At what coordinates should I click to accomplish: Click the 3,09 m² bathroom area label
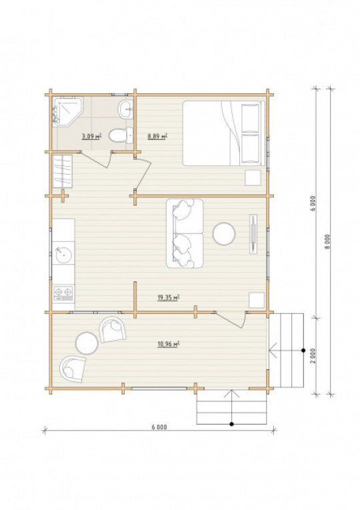[91, 136]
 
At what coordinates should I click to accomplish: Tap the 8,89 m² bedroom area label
[157, 136]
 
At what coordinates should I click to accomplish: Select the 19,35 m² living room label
[169, 297]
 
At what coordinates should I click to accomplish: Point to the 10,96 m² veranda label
[169, 344]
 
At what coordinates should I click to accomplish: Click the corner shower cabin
[67, 110]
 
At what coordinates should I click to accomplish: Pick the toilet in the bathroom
[121, 135]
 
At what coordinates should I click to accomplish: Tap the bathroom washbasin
[126, 109]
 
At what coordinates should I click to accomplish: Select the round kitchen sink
[63, 255]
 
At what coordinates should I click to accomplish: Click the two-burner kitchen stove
[63, 293]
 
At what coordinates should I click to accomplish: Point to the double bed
[224, 133]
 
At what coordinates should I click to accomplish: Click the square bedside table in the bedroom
[253, 177]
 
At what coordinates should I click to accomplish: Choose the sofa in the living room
[185, 233]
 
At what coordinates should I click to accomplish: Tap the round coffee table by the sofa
[224, 234]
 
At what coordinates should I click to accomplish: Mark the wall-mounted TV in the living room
[253, 234]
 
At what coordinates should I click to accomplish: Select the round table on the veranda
[87, 343]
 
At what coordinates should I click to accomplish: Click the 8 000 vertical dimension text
[327, 241]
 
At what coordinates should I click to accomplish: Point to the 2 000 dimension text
[313, 357]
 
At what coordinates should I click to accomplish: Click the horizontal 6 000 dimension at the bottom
[159, 427]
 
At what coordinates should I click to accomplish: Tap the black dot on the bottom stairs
[231, 424]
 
